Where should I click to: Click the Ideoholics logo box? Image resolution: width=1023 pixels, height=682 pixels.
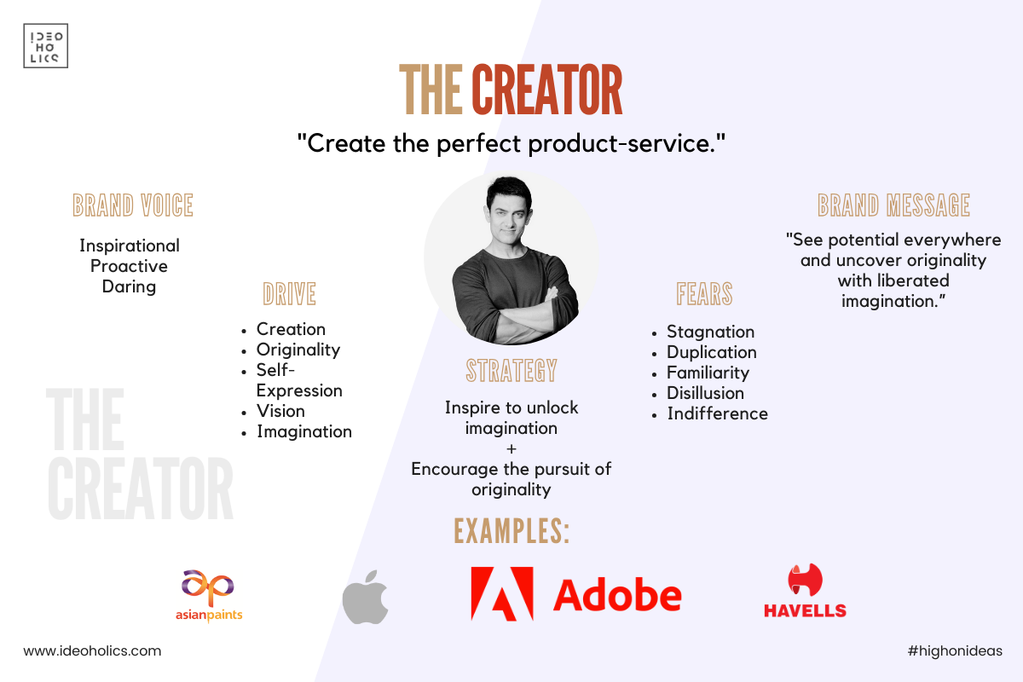click(46, 46)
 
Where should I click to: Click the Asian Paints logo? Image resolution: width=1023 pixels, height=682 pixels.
click(209, 596)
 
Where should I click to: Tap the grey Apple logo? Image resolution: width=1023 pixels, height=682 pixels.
click(366, 597)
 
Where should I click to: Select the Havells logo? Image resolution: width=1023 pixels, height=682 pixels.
click(805, 591)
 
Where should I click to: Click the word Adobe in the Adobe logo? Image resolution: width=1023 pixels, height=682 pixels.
click(617, 595)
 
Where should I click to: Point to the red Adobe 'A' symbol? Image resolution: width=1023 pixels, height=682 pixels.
click(502, 594)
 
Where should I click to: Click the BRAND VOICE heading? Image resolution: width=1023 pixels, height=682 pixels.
click(133, 205)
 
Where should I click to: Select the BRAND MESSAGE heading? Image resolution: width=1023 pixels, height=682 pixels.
click(893, 205)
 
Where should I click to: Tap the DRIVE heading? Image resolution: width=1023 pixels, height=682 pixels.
click(290, 294)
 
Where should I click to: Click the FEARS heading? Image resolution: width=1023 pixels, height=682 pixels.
click(704, 294)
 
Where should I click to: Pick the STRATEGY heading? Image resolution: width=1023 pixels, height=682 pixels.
click(511, 371)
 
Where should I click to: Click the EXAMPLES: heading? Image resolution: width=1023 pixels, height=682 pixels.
click(511, 531)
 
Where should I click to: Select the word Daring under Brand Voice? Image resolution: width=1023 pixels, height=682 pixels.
click(129, 287)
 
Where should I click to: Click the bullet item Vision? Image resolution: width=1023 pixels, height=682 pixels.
click(280, 411)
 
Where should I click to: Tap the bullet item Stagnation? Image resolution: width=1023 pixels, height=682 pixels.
click(711, 332)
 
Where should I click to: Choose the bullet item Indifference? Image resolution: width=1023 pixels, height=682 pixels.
click(718, 413)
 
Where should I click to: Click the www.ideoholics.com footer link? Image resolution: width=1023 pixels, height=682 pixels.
click(92, 651)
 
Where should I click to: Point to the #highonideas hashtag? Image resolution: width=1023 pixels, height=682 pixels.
click(955, 651)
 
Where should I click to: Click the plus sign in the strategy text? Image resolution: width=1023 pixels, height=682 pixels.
click(511, 449)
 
